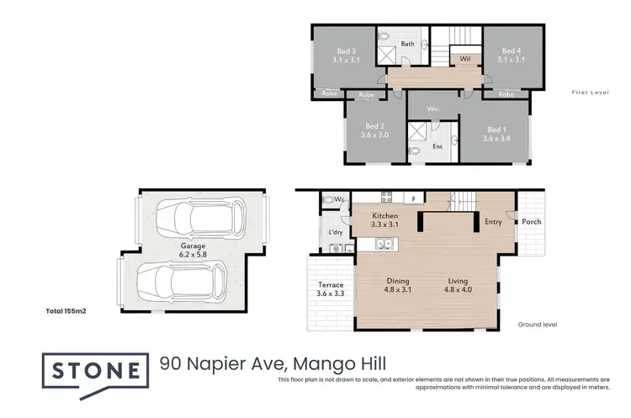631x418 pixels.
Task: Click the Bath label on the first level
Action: (407, 44)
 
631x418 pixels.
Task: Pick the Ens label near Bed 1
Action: (437, 146)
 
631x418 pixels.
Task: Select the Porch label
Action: (531, 222)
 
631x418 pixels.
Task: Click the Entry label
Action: (493, 222)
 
